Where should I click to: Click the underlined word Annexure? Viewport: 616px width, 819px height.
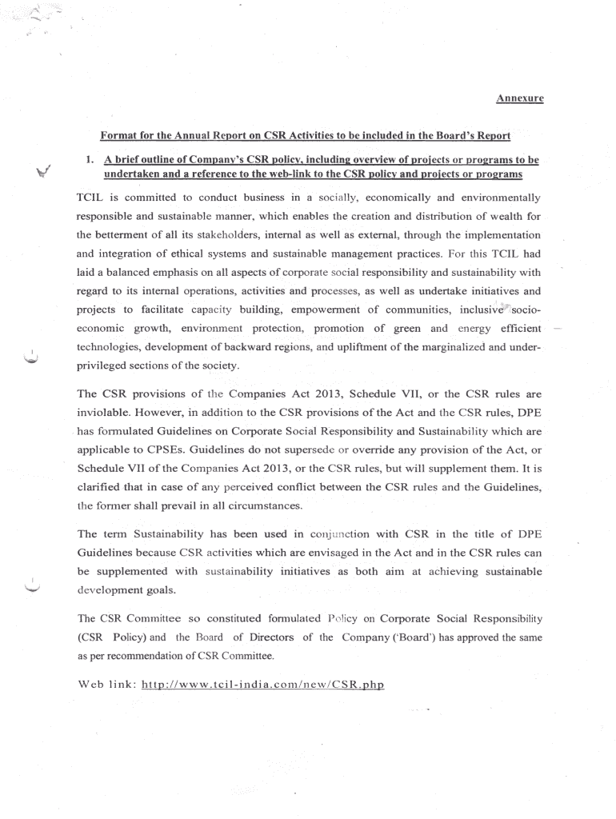point(519,98)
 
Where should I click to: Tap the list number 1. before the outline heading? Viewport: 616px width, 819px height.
point(90,160)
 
